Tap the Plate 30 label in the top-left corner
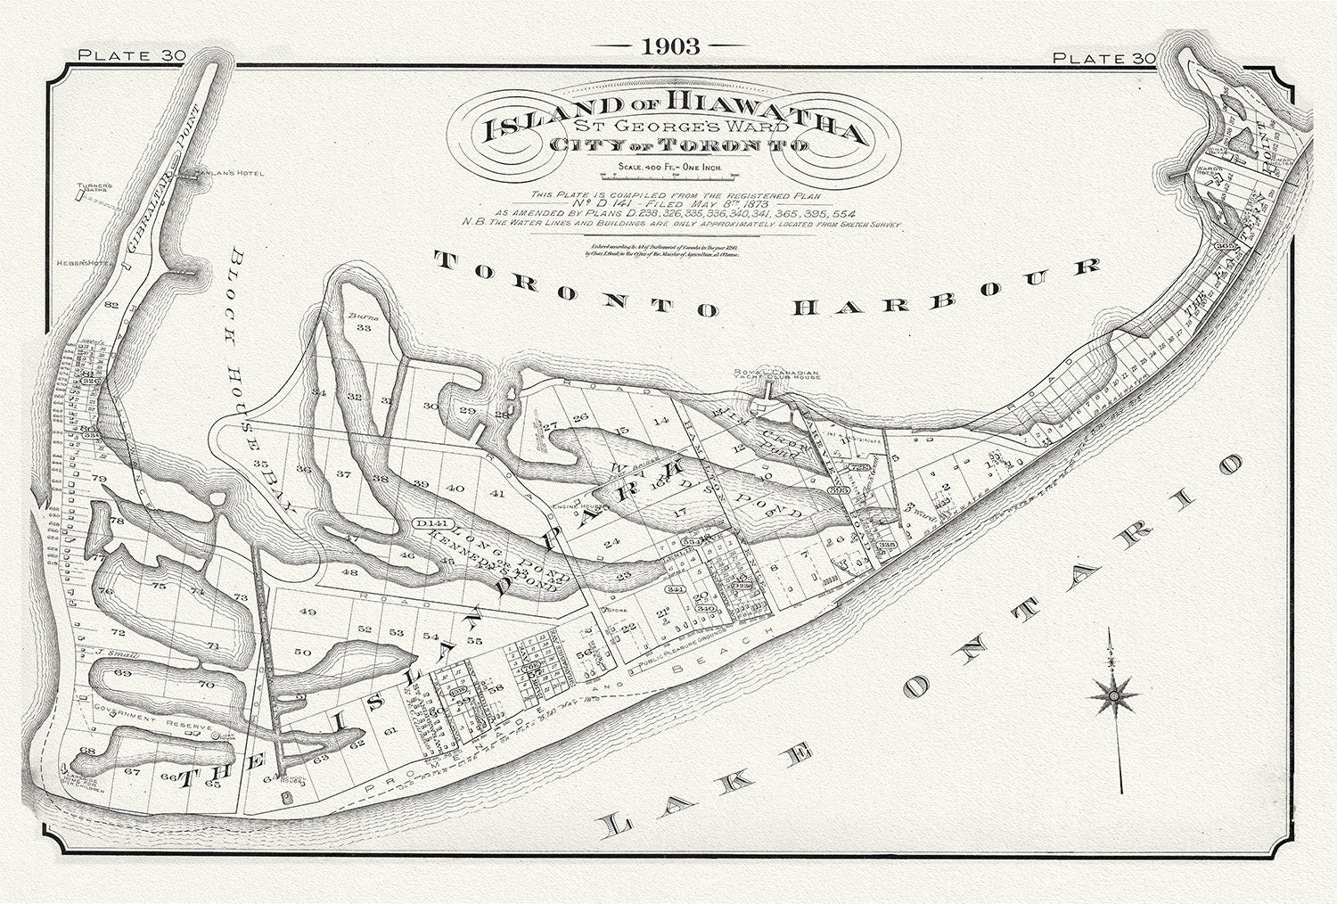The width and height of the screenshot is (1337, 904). (130, 55)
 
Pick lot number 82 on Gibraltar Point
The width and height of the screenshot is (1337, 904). (111, 305)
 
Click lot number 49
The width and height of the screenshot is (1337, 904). (308, 612)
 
